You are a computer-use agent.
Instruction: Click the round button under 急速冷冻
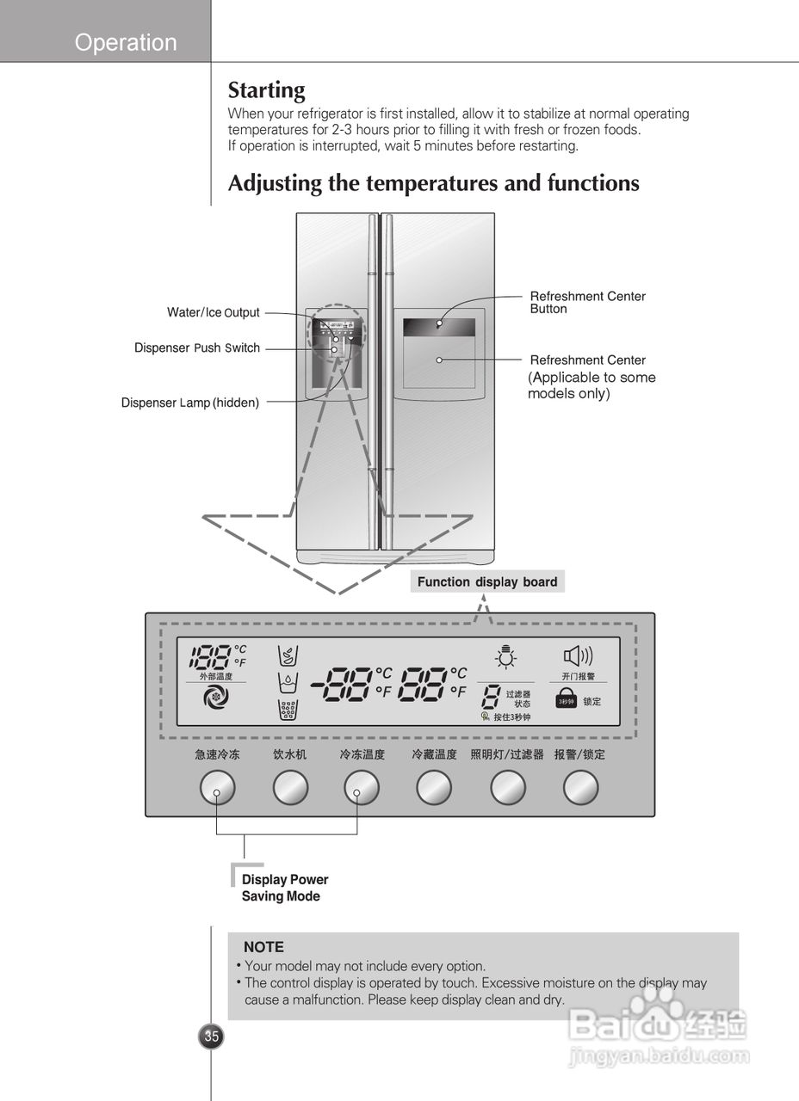coord(217,788)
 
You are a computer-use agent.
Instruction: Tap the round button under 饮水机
coord(290,788)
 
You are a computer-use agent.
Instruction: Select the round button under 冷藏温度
coord(434,788)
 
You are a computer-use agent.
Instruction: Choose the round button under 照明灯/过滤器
coord(507,788)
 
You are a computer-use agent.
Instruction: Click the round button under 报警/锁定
coord(580,788)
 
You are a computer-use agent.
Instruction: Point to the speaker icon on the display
coord(577,657)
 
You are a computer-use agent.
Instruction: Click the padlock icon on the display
coord(565,699)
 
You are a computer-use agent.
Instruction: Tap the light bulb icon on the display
coord(505,658)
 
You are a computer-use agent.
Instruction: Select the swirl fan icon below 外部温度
coord(215,699)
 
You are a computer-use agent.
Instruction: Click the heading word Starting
coord(266,90)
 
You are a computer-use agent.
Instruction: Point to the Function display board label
coord(487,582)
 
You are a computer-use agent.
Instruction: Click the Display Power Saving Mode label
coord(284,888)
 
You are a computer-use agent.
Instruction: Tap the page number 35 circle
coord(211,1036)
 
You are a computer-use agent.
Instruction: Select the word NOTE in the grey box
coord(263,947)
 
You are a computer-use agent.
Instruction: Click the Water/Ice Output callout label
coord(213,313)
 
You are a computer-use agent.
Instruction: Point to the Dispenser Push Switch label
coord(196,348)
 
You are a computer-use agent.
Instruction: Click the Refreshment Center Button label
coord(587,302)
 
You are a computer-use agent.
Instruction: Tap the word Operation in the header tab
coord(126,42)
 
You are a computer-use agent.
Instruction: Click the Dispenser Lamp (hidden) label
coord(189,403)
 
